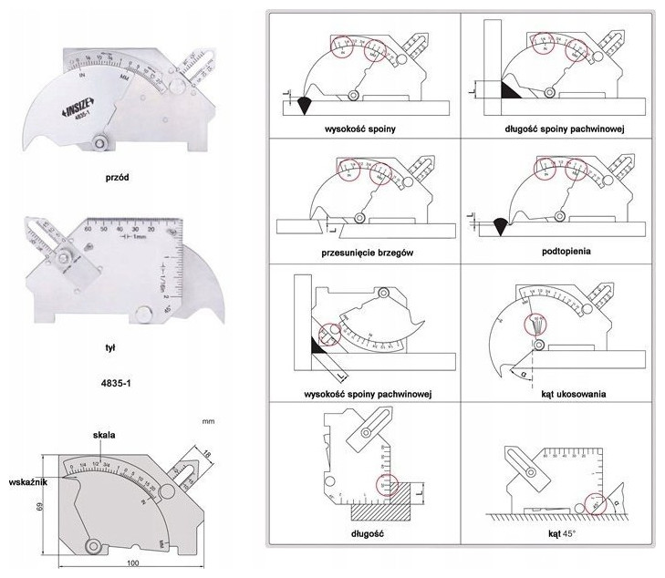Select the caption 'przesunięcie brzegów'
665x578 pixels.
point(362,253)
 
